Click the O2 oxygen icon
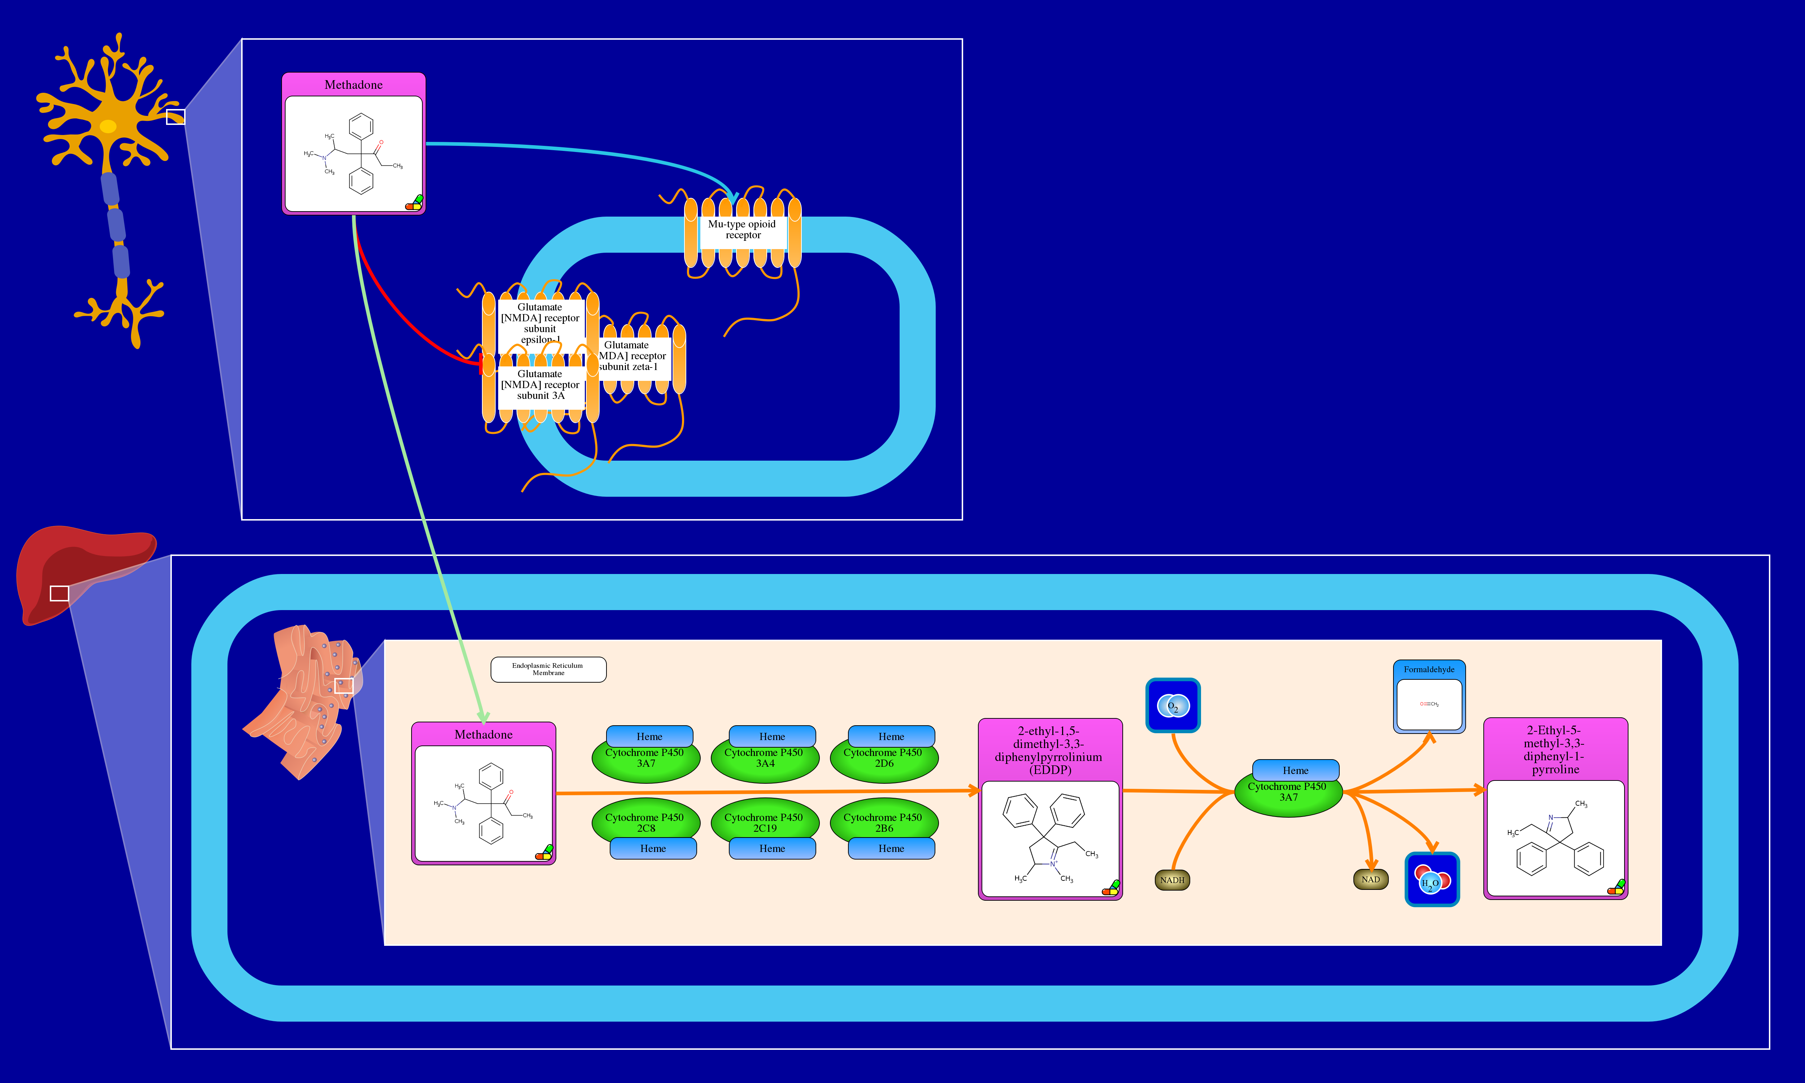coord(1173,706)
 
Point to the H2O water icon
coord(1431,880)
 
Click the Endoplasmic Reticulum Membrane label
coord(548,669)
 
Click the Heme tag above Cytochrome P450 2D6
coord(891,736)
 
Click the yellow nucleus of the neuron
coord(108,126)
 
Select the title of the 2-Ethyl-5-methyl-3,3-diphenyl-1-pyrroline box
coord(1555,749)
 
